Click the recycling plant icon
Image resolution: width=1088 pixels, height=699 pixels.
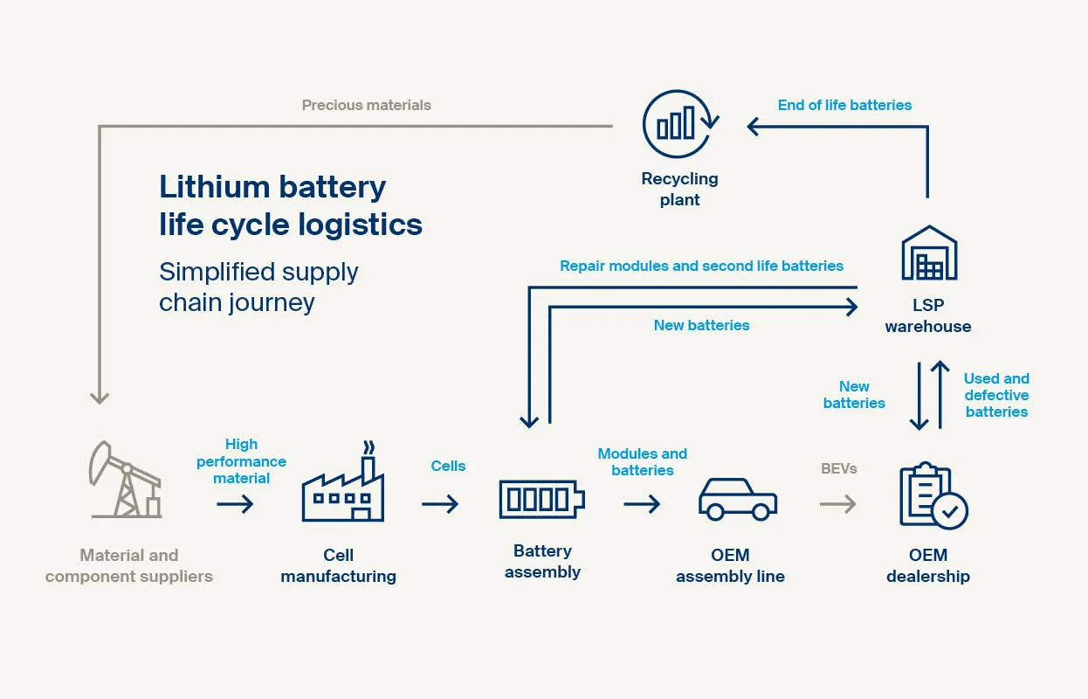679,125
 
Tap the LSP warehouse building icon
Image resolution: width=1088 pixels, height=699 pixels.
928,254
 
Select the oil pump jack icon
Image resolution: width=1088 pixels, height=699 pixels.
125,480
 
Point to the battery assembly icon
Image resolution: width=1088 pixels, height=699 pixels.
541,499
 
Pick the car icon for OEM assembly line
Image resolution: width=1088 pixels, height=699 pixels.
737,499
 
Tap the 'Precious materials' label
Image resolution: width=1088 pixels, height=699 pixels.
366,105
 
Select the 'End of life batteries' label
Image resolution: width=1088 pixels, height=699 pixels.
844,105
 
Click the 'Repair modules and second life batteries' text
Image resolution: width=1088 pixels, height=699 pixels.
701,266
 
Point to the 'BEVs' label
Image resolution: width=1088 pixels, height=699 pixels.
838,468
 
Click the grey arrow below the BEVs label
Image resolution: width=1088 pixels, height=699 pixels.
838,504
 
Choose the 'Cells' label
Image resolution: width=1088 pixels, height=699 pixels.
448,466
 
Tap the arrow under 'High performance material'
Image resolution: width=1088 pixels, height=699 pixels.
235,504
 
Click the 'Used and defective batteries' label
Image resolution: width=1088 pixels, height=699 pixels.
996,395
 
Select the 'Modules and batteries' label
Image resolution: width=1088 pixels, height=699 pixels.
642,461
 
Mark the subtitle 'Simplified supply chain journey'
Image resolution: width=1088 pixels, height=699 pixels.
258,287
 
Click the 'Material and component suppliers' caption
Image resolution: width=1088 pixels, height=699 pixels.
129,565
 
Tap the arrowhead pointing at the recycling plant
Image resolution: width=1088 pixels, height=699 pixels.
754,127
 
